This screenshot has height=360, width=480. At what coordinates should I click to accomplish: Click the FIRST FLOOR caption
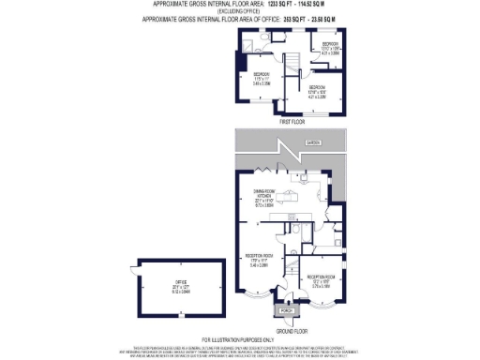[x=292, y=122]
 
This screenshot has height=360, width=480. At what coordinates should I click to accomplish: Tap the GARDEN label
[x=312, y=142]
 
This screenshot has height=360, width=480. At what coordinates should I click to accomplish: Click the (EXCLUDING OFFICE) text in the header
[x=239, y=11]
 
